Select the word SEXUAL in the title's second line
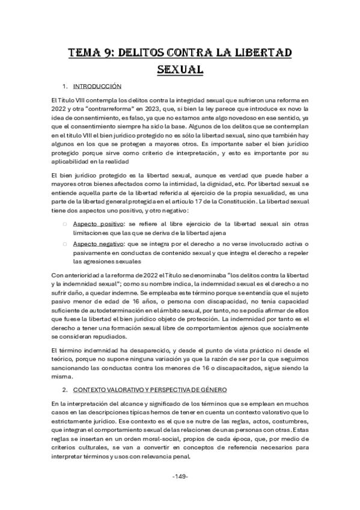pyautogui.click(x=180, y=70)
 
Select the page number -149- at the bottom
pyautogui.click(x=180, y=476)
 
